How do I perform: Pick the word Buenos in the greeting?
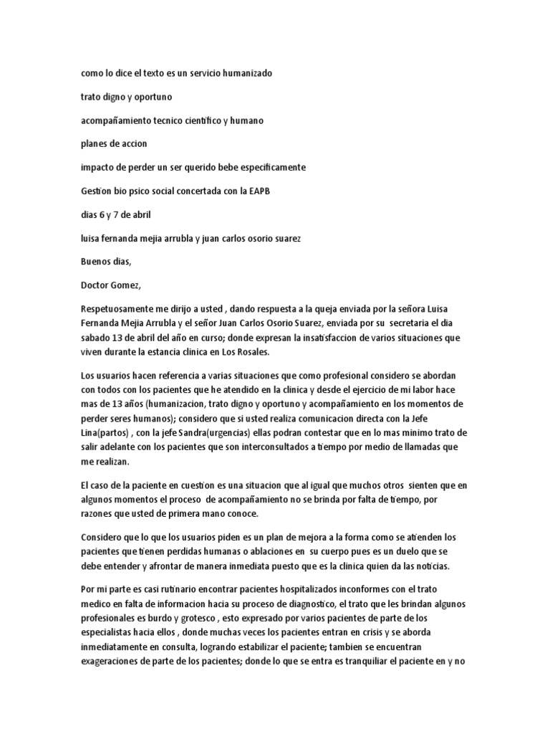97,262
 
